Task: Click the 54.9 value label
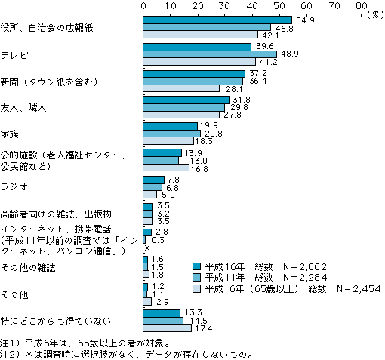pyautogui.click(x=305, y=20)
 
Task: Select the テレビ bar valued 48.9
pyautogui.click(x=210, y=54)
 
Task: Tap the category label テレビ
pyautogui.click(x=14, y=55)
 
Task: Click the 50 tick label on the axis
pyautogui.click(x=279, y=5)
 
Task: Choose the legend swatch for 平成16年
pyautogui.click(x=196, y=266)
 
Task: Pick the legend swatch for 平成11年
pyautogui.click(x=196, y=277)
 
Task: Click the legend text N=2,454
pyautogui.click(x=359, y=289)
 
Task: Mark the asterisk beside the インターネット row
pyautogui.click(x=147, y=248)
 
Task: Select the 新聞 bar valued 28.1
pyautogui.click(x=181, y=88)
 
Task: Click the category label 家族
pyautogui.click(x=10, y=134)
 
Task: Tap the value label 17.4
pyautogui.click(x=203, y=328)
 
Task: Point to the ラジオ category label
pyautogui.click(x=14, y=186)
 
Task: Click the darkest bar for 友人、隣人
pyautogui.click(x=186, y=100)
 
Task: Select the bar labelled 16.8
pyautogui.click(x=166, y=168)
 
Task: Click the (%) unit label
pyautogui.click(x=375, y=14)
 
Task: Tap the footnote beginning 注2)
pyautogui.click(x=127, y=355)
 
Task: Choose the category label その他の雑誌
pyautogui.click(x=28, y=267)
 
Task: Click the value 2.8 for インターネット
pyautogui.click(x=162, y=232)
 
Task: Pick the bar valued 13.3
pyautogui.click(x=162, y=313)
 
